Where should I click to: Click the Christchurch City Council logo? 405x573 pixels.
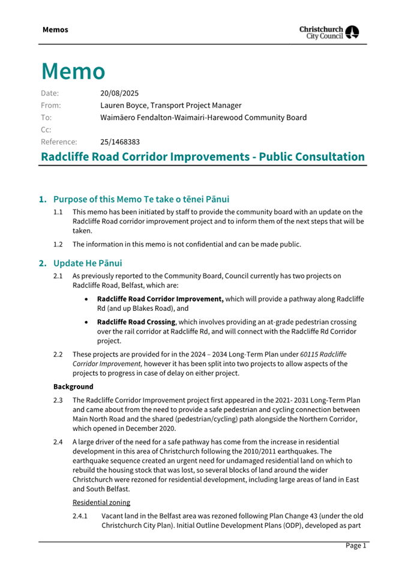click(329, 32)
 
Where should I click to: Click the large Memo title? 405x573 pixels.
click(73, 71)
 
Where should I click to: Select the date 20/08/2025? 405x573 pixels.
click(119, 93)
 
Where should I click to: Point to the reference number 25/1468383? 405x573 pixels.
click(120, 142)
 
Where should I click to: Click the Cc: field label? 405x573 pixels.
click(46, 130)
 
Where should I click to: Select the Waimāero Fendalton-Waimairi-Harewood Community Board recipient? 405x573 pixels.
click(203, 118)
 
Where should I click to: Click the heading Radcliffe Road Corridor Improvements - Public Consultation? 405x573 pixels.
click(202, 157)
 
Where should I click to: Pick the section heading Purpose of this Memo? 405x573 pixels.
click(141, 199)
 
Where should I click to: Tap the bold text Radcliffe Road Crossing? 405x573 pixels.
click(136, 322)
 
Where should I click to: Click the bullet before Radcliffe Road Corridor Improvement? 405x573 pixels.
click(88, 298)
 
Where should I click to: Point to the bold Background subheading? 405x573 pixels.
click(73, 387)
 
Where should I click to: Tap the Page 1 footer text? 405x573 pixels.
click(355, 545)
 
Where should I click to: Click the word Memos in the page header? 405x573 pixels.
click(55, 30)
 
